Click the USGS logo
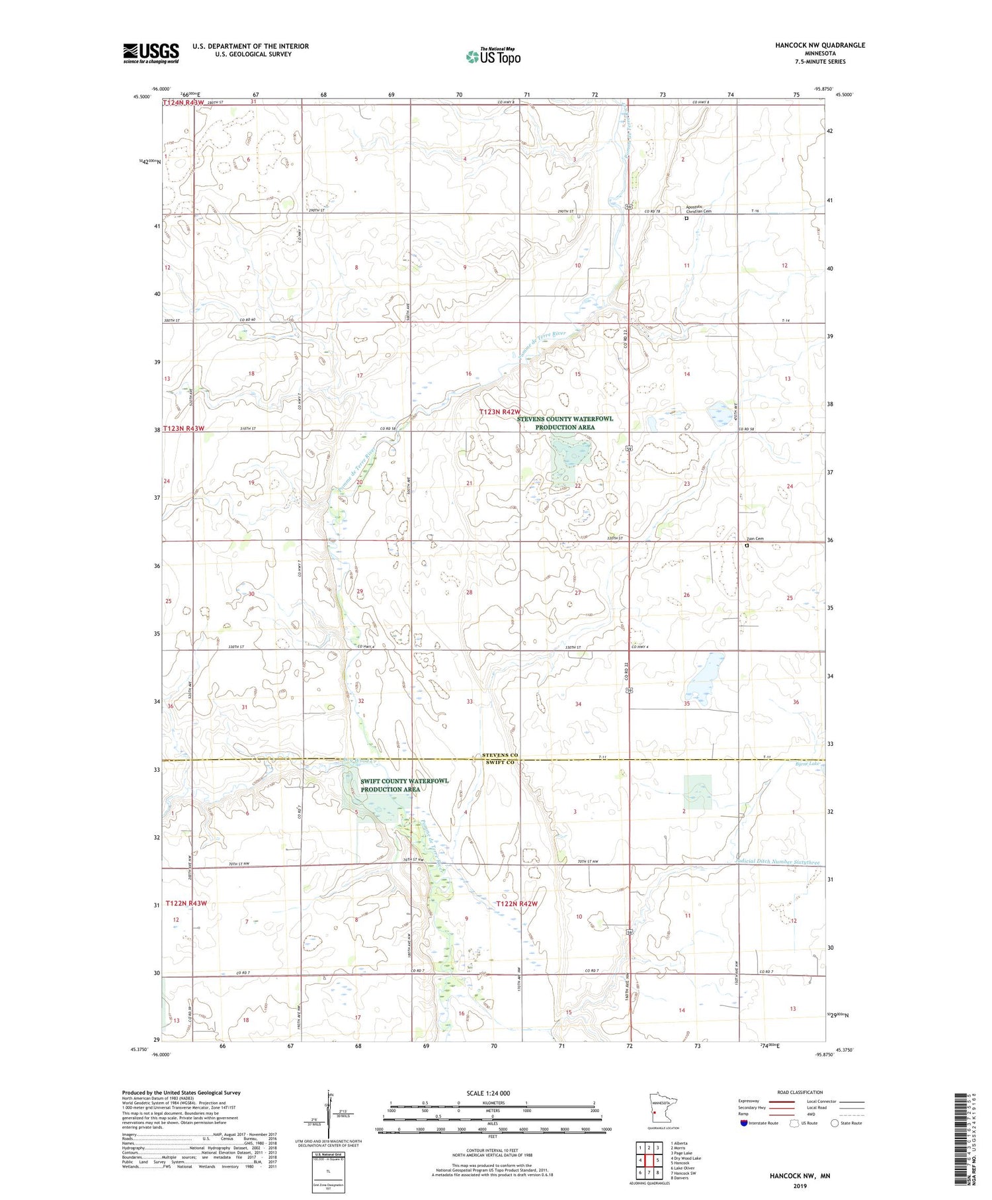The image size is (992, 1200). [x=151, y=53]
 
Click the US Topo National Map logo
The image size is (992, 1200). [x=493, y=56]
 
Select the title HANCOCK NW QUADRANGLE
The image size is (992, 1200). [x=820, y=45]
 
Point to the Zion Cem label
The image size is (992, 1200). [x=755, y=539]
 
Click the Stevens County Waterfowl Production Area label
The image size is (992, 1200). [x=565, y=423]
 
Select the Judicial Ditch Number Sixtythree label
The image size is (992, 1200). [x=779, y=862]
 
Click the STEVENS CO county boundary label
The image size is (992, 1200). [x=500, y=755]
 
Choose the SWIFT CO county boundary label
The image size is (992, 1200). [x=500, y=762]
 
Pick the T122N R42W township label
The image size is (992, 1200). [x=517, y=903]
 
